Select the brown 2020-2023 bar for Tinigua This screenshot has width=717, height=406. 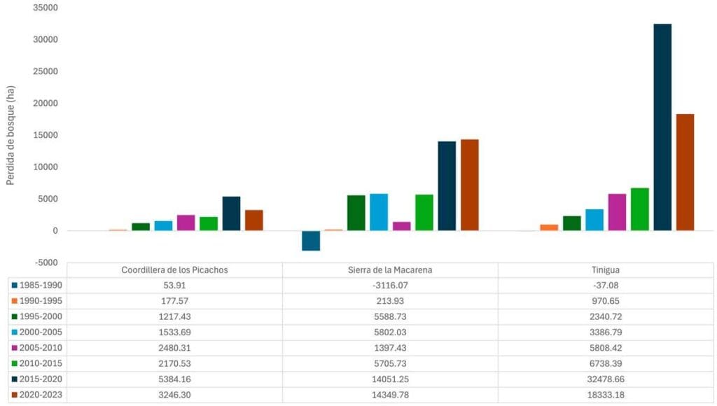(685, 172)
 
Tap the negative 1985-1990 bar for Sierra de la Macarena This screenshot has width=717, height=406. (311, 241)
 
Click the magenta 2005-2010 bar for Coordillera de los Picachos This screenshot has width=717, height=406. (186, 223)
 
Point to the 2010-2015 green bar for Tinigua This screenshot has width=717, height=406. (639, 209)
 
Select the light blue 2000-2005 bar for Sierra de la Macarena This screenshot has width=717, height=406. (379, 212)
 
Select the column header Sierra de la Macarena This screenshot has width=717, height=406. (390, 270)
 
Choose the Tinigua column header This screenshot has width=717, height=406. (606, 270)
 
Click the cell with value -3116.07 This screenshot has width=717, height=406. (390, 286)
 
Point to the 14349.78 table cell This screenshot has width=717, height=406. (390, 395)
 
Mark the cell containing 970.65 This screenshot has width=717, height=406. (606, 301)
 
